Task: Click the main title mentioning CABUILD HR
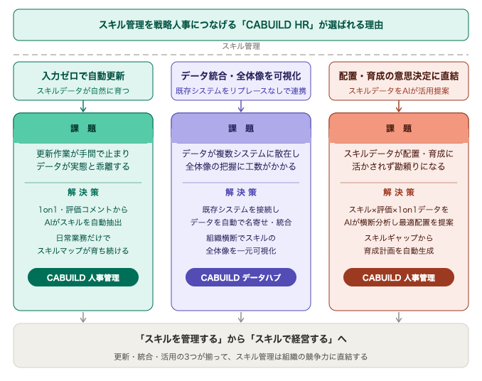pyautogui.click(x=241, y=25)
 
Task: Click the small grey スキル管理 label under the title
pyautogui.click(x=241, y=46)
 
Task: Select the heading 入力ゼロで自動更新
pyautogui.click(x=83, y=76)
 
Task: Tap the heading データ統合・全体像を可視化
pyautogui.click(x=241, y=76)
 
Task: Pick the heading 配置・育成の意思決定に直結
pyautogui.click(x=399, y=76)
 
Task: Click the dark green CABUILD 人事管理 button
pyautogui.click(x=83, y=277)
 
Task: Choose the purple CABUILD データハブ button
pyautogui.click(x=241, y=277)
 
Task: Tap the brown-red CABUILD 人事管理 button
pyautogui.click(x=399, y=277)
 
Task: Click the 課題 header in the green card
pyautogui.click(x=83, y=128)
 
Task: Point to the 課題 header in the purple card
pyautogui.click(x=241, y=128)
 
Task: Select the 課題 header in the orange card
pyautogui.click(x=399, y=128)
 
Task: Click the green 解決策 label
pyautogui.click(x=83, y=193)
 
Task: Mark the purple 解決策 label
pyautogui.click(x=241, y=193)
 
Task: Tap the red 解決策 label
pyautogui.click(x=399, y=193)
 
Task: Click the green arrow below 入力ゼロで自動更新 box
pyautogui.click(x=83, y=107)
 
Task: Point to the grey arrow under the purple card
pyautogui.click(x=241, y=317)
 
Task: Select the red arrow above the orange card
pyautogui.click(x=399, y=107)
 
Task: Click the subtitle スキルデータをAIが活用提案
pyautogui.click(x=399, y=91)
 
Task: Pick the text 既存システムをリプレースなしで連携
pyautogui.click(x=241, y=91)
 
